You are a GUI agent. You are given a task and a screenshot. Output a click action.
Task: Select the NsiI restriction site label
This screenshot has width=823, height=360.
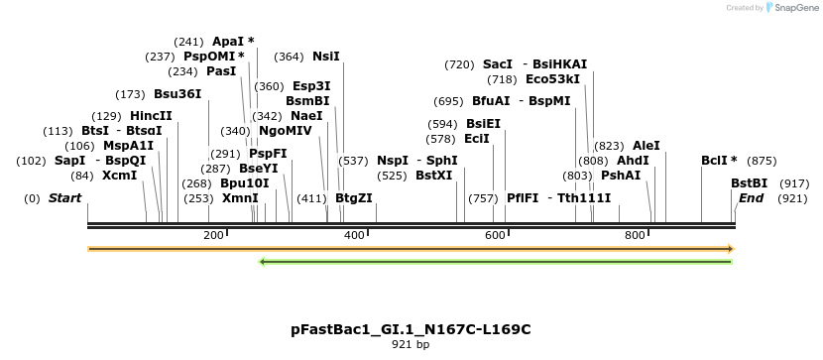pyautogui.click(x=325, y=57)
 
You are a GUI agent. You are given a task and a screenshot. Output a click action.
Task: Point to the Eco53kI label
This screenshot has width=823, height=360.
pyautogui.click(x=552, y=79)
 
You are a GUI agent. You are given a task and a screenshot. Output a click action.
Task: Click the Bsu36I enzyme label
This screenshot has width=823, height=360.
pyautogui.click(x=176, y=94)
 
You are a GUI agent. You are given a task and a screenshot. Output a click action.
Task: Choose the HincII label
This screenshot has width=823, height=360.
pyautogui.click(x=151, y=116)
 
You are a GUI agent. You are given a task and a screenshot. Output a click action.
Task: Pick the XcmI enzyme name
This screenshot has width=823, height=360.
pyautogui.click(x=119, y=176)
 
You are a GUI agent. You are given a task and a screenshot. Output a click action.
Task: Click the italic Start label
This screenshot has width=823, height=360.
pyautogui.click(x=64, y=198)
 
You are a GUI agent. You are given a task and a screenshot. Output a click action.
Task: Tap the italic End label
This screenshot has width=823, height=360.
pyautogui.click(x=752, y=198)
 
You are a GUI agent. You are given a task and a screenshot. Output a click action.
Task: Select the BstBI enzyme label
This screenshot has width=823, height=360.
pyautogui.click(x=749, y=183)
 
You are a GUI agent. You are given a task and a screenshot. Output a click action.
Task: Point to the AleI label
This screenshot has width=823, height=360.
pyautogui.click(x=646, y=146)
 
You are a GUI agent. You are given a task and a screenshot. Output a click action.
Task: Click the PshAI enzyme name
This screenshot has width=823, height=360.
pyautogui.click(x=621, y=176)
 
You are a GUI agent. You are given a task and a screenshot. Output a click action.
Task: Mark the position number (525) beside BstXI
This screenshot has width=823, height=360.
pyautogui.click(x=392, y=176)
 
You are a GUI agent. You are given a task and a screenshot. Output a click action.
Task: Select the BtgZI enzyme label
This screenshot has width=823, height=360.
pyautogui.click(x=354, y=198)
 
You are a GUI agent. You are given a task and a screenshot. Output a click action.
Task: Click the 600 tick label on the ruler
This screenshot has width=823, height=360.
pyautogui.click(x=494, y=235)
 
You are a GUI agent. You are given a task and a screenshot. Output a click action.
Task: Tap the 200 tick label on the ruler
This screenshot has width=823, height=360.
pyautogui.click(x=213, y=235)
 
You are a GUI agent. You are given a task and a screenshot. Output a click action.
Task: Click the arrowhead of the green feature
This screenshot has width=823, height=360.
pyautogui.click(x=263, y=262)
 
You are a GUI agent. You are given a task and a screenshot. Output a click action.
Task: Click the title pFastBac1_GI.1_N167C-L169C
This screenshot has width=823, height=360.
pyautogui.click(x=411, y=328)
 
